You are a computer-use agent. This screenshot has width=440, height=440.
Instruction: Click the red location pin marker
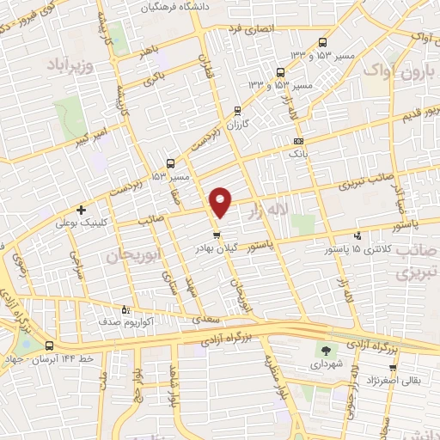[221, 201]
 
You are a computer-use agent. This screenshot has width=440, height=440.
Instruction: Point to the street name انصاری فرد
[249, 28]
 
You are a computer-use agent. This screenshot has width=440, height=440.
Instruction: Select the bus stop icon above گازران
[238, 109]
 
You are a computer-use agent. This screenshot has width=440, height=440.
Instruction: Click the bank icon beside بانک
[298, 140]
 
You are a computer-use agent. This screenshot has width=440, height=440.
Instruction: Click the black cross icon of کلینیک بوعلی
[81, 210]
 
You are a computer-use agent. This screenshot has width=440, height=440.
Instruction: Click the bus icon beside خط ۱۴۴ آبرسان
[48, 345]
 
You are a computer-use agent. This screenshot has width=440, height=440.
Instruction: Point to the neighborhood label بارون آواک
[400, 70]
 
